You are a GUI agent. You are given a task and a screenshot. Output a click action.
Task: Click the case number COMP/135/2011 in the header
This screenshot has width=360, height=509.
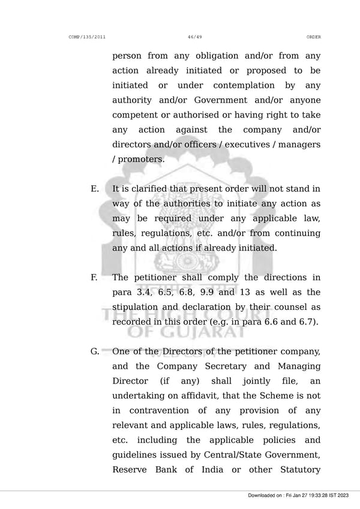[88, 37]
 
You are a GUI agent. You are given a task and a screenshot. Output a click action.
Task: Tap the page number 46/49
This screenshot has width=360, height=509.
[194, 37]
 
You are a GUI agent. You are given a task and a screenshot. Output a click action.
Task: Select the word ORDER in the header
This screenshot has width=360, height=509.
[313, 37]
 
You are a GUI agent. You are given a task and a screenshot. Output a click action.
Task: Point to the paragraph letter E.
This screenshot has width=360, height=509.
[95, 189]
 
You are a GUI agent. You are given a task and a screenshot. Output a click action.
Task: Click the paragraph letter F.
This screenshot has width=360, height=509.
[94, 278]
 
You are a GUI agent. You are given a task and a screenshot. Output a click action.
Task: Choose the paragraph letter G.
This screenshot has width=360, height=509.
[95, 351]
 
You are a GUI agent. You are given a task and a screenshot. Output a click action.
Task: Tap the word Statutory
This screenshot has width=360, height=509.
[298, 469]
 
